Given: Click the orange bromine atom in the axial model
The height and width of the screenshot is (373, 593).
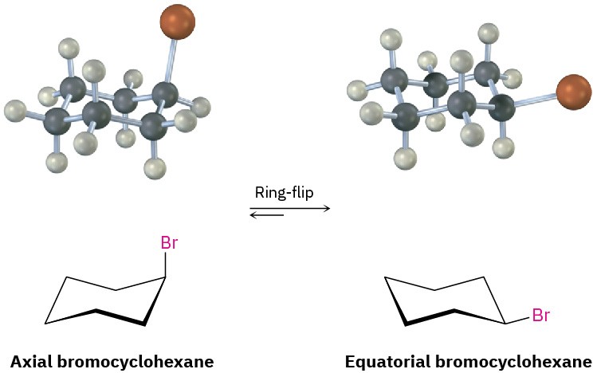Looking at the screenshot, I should point(177,22).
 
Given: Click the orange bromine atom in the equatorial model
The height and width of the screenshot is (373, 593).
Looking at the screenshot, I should point(572,92).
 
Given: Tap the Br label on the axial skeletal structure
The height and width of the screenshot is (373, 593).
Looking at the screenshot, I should point(169,243).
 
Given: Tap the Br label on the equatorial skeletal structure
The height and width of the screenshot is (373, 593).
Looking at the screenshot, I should point(540,316).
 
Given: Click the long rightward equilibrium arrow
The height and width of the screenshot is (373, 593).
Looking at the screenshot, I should point(290,208).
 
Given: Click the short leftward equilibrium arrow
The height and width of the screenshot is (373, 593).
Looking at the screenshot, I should point(266,215).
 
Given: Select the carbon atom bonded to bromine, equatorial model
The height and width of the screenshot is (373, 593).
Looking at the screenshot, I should point(502,108).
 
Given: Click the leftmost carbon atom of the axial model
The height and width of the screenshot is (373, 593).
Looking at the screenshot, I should point(57,122).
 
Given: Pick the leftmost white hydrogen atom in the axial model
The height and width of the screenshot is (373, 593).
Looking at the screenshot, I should point(14,108).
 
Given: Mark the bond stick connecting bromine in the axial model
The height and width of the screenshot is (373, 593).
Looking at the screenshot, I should point(171,60).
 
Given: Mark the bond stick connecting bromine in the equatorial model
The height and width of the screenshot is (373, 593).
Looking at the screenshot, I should point(534,100).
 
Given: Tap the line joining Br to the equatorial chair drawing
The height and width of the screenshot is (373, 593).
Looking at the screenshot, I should point(518,320).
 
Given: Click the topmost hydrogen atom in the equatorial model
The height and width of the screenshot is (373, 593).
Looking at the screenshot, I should point(488,33).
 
